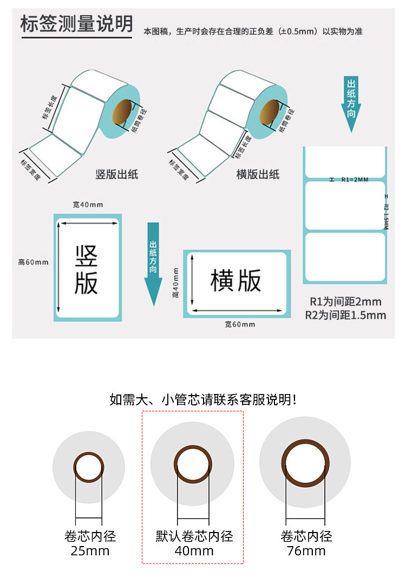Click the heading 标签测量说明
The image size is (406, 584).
click(x=76, y=24)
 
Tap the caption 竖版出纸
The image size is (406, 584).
click(x=116, y=174)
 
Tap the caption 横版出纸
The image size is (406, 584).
click(x=258, y=174)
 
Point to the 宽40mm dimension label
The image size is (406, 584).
click(x=88, y=205)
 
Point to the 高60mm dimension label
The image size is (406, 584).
click(x=33, y=263)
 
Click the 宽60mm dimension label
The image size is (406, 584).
click(x=240, y=324)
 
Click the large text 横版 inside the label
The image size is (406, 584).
click(x=236, y=280)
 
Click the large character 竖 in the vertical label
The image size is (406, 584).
click(x=86, y=255)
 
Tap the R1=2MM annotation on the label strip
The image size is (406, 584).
click(x=355, y=180)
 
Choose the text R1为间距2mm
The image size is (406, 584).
click(x=345, y=302)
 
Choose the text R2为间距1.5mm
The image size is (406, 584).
click(x=345, y=315)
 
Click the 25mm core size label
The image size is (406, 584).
click(x=90, y=551)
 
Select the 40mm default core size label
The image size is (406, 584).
click(x=194, y=551)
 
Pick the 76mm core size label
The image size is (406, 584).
click(x=306, y=551)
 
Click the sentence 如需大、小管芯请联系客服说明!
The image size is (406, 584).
click(x=203, y=400)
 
